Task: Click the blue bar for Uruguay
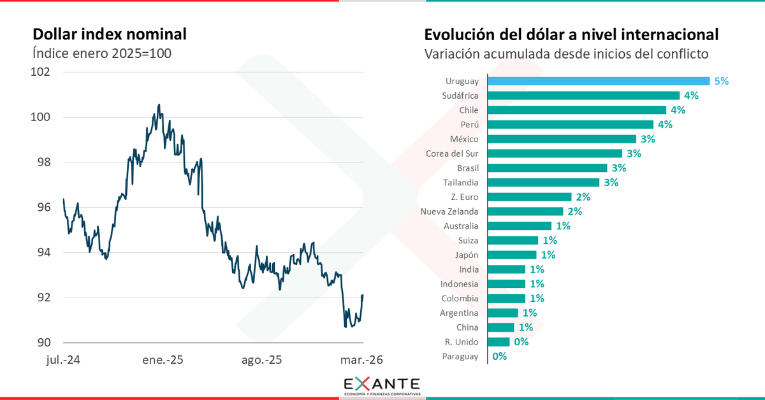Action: tap(598, 81)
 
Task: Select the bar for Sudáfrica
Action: tap(583, 96)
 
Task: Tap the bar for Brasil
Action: tap(547, 168)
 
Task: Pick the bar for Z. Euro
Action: tap(529, 197)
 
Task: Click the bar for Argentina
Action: tap(502, 313)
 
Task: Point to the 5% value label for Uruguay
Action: tap(721, 81)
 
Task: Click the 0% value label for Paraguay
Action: tap(499, 357)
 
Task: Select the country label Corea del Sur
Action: tap(451, 154)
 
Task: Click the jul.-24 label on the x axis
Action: tap(63, 360)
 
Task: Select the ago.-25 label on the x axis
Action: tap(261, 360)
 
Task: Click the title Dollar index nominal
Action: tap(109, 34)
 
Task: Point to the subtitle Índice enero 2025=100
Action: tap(101, 54)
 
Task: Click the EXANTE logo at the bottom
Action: tap(382, 385)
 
